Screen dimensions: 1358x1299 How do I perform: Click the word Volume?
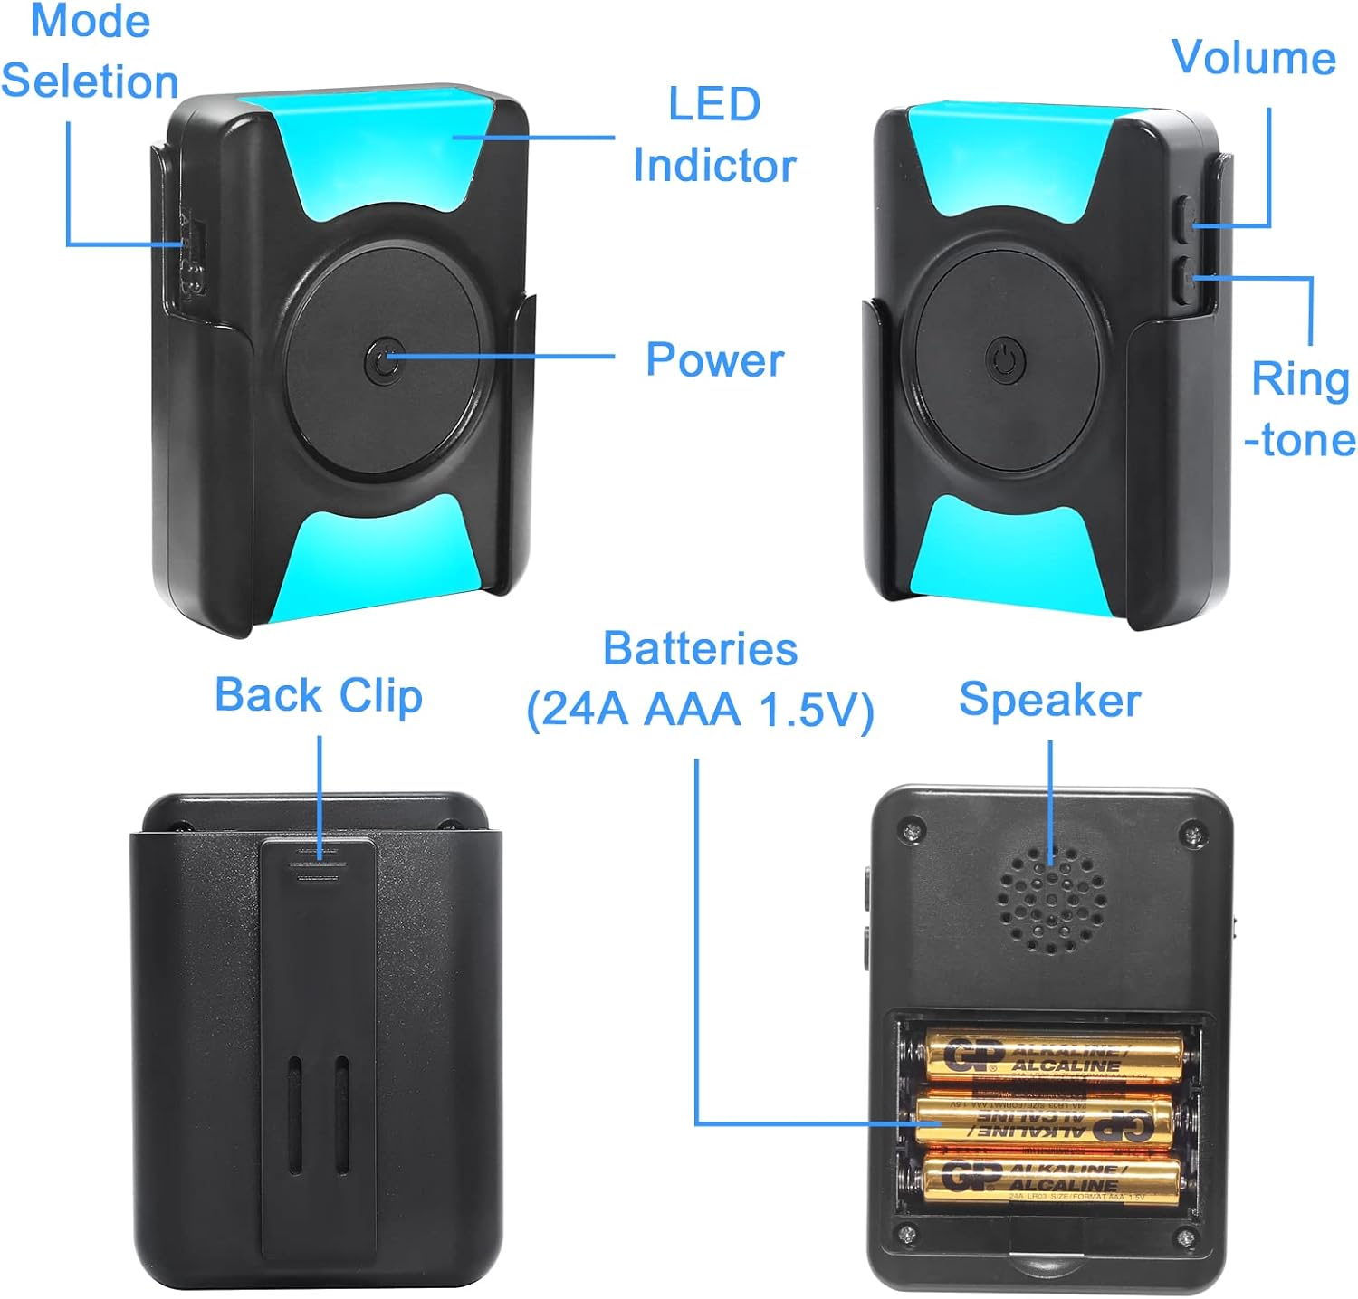click(x=1253, y=58)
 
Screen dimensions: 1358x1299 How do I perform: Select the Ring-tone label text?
click(x=1300, y=409)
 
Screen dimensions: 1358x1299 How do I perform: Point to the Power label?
click(x=714, y=359)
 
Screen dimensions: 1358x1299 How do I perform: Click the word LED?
click(x=714, y=104)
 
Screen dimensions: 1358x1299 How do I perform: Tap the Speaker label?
click(x=1049, y=700)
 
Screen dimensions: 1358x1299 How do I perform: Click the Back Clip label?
click(x=318, y=695)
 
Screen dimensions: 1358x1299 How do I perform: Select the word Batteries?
click(x=700, y=649)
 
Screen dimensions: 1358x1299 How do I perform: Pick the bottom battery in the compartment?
click(x=1051, y=1179)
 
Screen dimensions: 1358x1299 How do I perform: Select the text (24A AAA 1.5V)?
click(x=700, y=709)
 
